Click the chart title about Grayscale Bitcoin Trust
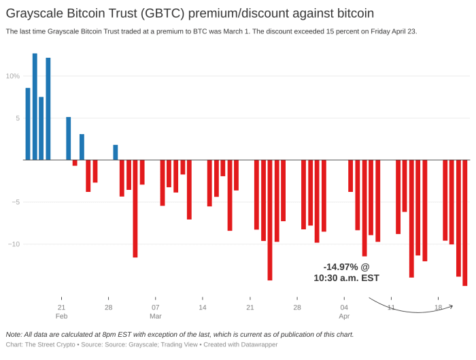click(x=190, y=13)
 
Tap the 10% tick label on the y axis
click(x=14, y=76)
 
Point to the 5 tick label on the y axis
click(x=18, y=118)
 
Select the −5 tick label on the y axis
click(x=16, y=202)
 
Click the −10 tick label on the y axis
click(x=14, y=244)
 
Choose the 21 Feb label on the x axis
click(x=61, y=312)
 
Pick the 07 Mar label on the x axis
click(x=156, y=312)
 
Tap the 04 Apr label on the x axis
click(x=344, y=312)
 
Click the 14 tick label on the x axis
click(x=203, y=308)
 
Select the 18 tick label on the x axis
click(x=439, y=308)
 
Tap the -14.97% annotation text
click(x=346, y=272)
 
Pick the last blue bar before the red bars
click(x=116, y=152)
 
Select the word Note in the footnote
click(x=14, y=334)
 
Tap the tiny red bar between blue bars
click(x=75, y=163)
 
